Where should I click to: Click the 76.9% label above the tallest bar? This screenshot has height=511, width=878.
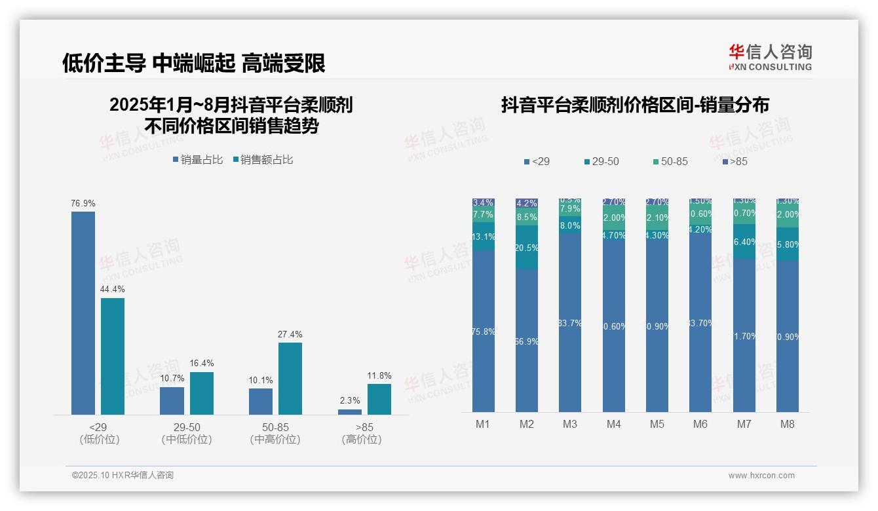pos(83,204)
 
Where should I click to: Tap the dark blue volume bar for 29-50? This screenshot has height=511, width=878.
pos(172,400)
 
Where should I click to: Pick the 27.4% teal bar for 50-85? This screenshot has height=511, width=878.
pos(290,378)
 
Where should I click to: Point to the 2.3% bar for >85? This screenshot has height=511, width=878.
pos(350,411)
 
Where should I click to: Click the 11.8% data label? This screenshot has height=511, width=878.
pos(379,376)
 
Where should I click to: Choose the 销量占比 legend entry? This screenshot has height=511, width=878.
pos(197,160)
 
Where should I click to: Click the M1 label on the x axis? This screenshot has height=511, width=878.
pos(483,424)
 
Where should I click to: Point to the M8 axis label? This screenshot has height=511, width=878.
pos(787,424)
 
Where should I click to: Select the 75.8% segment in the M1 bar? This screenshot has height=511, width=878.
pos(484,331)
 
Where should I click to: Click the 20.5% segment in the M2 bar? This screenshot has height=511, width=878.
pos(527,248)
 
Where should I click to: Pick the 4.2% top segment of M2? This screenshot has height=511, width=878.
pos(527,203)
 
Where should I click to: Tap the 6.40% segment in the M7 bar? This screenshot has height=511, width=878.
pos(744,242)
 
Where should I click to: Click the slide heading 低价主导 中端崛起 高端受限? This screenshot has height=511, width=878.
pos(194,64)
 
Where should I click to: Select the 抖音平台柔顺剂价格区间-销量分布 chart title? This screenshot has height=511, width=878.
pos(635,105)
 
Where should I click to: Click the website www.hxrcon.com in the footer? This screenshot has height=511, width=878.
pos(761,476)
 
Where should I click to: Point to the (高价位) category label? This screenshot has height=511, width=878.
pos(362,440)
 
